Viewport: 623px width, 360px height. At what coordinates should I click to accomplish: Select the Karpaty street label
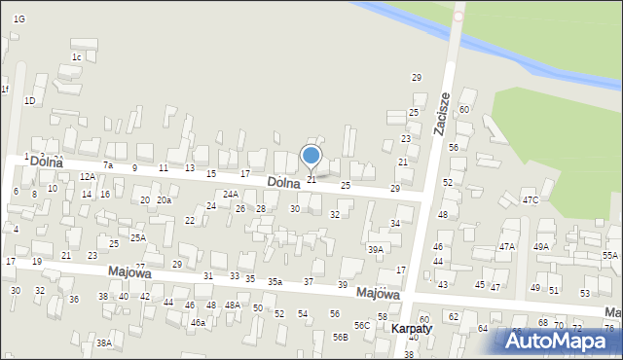(412, 329)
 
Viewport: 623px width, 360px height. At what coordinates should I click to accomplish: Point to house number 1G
(19, 19)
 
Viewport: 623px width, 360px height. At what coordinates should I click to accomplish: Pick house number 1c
(76, 56)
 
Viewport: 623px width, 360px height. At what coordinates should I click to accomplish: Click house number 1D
(30, 100)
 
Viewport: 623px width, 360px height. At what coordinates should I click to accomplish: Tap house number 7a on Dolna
(109, 165)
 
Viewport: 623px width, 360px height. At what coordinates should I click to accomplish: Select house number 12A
(88, 176)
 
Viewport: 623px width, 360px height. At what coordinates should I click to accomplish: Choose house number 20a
(165, 200)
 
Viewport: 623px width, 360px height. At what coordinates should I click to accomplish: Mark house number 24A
(231, 195)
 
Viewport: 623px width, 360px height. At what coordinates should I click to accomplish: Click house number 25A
(138, 237)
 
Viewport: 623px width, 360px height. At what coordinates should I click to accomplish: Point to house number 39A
(375, 250)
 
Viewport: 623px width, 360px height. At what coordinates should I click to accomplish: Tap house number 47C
(530, 199)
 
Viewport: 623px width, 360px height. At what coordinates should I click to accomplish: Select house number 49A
(541, 247)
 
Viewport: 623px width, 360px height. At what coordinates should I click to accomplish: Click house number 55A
(610, 255)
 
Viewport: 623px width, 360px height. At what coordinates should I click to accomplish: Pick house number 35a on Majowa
(275, 282)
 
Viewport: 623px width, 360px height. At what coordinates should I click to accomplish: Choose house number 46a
(198, 322)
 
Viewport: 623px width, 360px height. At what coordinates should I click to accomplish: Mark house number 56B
(340, 337)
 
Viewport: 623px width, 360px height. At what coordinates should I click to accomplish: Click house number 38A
(104, 343)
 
